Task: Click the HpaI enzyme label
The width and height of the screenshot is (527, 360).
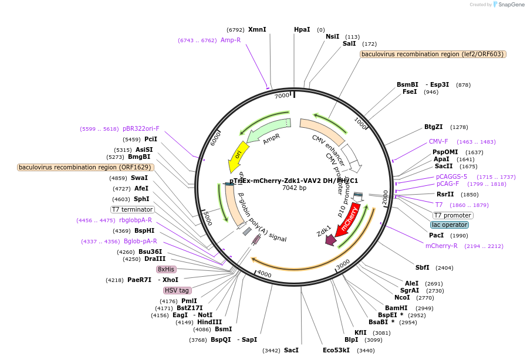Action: (x=302, y=29)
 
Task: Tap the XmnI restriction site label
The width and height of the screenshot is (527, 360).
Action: (x=257, y=29)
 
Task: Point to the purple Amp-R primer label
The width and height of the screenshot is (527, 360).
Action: (x=231, y=40)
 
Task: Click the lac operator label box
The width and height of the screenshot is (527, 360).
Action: (x=450, y=225)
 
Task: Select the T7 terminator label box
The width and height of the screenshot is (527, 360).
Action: (x=132, y=209)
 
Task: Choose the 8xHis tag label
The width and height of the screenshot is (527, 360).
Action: (x=167, y=269)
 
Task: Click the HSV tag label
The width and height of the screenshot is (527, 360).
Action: (x=177, y=290)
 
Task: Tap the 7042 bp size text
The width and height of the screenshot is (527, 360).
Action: (x=294, y=188)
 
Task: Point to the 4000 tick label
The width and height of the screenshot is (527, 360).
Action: (x=264, y=274)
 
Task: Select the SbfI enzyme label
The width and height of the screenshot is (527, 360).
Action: (x=423, y=267)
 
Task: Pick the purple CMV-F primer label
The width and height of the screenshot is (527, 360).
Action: (x=438, y=141)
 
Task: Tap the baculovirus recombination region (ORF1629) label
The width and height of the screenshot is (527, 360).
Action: (x=85, y=167)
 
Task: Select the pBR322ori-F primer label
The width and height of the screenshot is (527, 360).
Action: (x=141, y=128)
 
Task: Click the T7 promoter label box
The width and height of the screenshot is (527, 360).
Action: (x=452, y=215)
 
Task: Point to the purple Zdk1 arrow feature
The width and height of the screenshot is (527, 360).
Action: (x=330, y=239)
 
